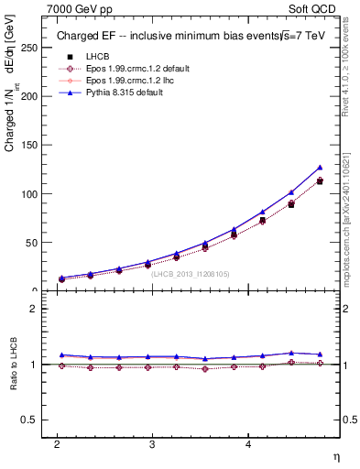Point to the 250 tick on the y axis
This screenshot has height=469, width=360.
point(33,47)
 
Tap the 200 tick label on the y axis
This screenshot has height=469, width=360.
point(33,95)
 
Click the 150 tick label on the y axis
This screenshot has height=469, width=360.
point(33,145)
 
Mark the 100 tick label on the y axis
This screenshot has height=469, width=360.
point(33,194)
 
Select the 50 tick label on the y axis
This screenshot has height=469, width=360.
point(36,243)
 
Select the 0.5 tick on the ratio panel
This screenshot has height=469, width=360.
point(33,420)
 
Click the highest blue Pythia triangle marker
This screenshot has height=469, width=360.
point(320,168)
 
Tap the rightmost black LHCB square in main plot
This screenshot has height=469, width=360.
point(320,181)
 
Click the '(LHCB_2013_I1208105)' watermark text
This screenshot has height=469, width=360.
point(191,272)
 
